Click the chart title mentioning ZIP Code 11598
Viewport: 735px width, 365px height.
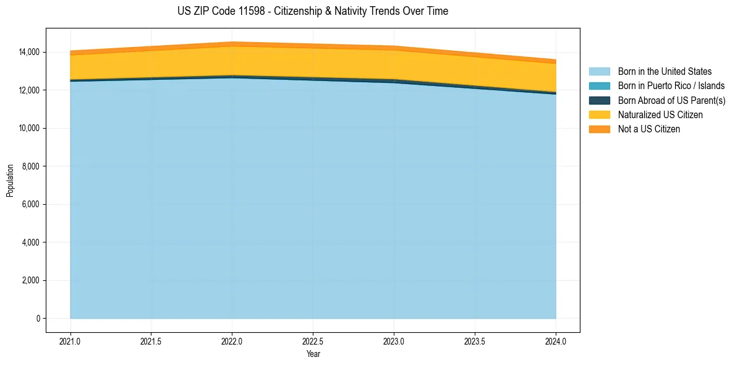tap(312, 11)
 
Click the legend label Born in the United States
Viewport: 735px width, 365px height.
tap(665, 72)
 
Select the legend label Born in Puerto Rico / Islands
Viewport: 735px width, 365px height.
tap(671, 86)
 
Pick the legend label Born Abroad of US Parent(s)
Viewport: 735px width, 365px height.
tap(671, 100)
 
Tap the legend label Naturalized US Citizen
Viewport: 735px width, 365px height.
tap(660, 115)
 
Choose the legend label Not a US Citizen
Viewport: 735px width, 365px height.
tap(648, 129)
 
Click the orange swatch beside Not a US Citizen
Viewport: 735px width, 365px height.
tap(599, 129)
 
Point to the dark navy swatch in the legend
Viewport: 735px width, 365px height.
tap(599, 100)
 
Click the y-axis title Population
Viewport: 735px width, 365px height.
tap(10, 181)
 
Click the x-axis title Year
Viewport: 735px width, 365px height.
tap(313, 354)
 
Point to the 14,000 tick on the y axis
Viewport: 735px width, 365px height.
tap(29, 52)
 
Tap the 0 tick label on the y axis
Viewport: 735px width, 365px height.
tap(38, 319)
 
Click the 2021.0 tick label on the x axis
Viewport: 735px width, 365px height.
tap(70, 341)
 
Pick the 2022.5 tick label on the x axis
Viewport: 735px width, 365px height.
tap(313, 341)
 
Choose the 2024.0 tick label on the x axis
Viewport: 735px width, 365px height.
tap(556, 341)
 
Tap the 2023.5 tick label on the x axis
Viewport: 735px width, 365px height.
tap(475, 341)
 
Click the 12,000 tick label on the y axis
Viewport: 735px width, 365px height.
tap(29, 90)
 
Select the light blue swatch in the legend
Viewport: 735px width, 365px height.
tap(599, 72)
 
